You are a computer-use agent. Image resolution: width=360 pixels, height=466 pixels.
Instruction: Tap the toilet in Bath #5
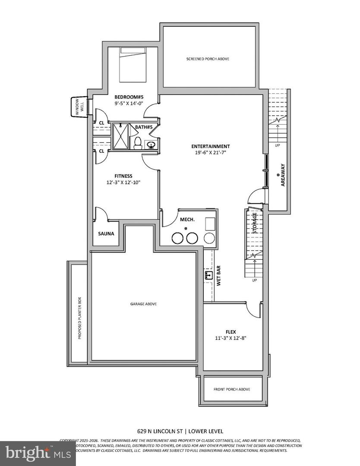click(x=138, y=142)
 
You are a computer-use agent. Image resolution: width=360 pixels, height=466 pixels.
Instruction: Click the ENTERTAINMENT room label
click(x=212, y=146)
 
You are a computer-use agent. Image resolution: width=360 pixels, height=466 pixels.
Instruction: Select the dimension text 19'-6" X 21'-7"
click(x=212, y=153)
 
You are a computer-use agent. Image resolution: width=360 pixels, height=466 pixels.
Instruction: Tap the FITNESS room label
click(x=123, y=176)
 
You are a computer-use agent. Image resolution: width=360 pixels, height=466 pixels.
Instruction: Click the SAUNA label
click(x=106, y=234)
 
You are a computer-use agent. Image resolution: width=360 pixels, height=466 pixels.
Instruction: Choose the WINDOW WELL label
click(x=79, y=107)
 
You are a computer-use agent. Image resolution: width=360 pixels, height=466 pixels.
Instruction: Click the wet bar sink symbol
click(x=208, y=274)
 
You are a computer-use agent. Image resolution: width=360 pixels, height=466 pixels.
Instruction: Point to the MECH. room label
click(x=187, y=220)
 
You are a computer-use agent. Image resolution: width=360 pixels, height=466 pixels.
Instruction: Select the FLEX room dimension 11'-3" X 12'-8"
click(x=231, y=338)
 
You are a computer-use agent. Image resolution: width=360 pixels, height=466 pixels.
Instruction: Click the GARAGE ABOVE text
click(x=143, y=304)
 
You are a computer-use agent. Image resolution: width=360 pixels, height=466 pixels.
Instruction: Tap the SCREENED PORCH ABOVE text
click(x=208, y=59)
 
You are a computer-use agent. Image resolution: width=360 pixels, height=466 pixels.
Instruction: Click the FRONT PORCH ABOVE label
click(x=232, y=389)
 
